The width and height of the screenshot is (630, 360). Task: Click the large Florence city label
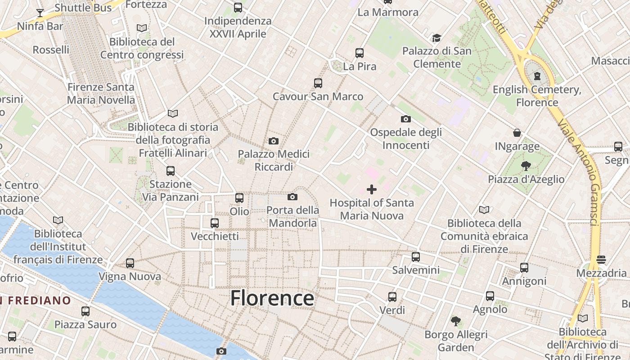(272, 298)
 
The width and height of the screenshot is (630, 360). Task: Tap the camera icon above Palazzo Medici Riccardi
(273, 141)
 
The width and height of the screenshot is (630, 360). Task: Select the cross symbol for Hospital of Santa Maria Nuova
(372, 189)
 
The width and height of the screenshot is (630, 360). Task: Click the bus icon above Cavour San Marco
(318, 83)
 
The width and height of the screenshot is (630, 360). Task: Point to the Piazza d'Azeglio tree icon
(526, 166)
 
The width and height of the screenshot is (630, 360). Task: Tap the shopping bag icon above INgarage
(517, 133)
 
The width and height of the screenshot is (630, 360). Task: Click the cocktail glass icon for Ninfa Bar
(40, 13)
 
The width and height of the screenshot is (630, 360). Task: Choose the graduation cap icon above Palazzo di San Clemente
(436, 38)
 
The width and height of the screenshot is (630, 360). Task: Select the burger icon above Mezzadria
(601, 260)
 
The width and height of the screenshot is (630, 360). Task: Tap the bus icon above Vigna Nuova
(130, 263)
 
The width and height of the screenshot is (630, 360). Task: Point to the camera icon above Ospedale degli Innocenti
(405, 119)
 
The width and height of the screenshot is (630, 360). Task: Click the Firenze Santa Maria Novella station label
(101, 94)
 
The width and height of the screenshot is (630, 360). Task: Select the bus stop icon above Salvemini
(416, 257)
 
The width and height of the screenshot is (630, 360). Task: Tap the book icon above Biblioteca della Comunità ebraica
(484, 210)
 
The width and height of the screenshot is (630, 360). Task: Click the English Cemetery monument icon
(537, 76)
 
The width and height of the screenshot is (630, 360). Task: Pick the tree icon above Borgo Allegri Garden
(456, 321)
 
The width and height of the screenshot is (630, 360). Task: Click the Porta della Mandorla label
(292, 216)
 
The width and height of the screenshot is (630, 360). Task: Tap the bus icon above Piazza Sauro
(85, 311)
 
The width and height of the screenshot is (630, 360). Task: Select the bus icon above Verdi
(392, 297)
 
